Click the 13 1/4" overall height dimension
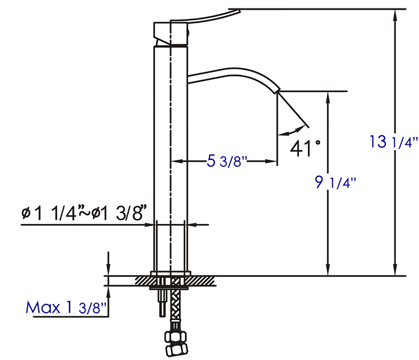[394, 142]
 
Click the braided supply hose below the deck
[176, 310]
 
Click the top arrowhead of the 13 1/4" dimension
[394, 14]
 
